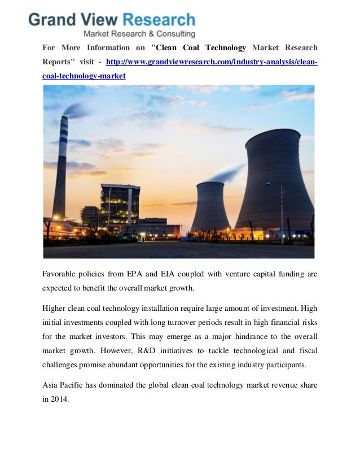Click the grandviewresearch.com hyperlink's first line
212,61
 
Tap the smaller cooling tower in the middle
210,206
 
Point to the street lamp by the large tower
282,212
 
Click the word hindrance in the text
236,336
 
